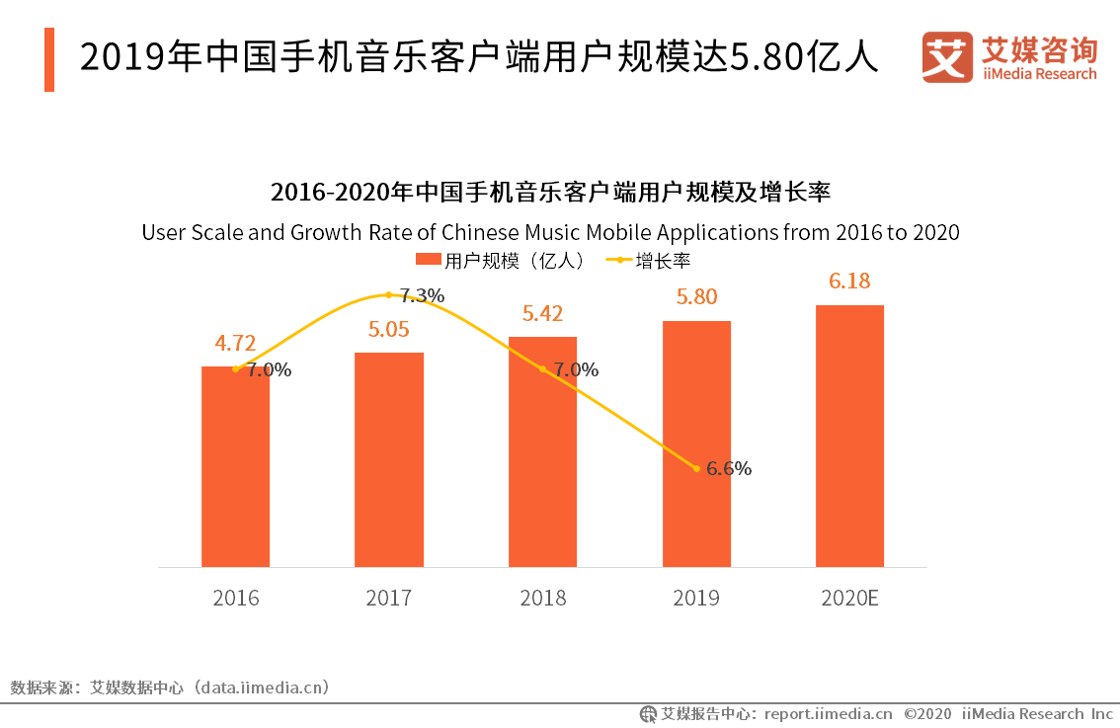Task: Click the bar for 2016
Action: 235,466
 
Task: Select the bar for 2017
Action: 389,459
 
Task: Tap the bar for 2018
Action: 542,451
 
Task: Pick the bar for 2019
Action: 696,444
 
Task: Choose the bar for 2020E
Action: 849,436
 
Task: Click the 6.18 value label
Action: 849,282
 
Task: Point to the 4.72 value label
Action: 235,344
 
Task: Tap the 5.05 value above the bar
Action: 389,329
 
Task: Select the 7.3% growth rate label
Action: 422,295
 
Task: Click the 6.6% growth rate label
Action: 729,469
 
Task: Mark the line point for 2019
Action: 697,468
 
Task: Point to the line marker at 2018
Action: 543,369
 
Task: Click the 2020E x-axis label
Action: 849,599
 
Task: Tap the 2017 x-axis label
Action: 389,599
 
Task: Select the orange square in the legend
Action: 428,261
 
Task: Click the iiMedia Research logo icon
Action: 947,57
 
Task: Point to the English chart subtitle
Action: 550,233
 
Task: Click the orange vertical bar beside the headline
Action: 49,60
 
